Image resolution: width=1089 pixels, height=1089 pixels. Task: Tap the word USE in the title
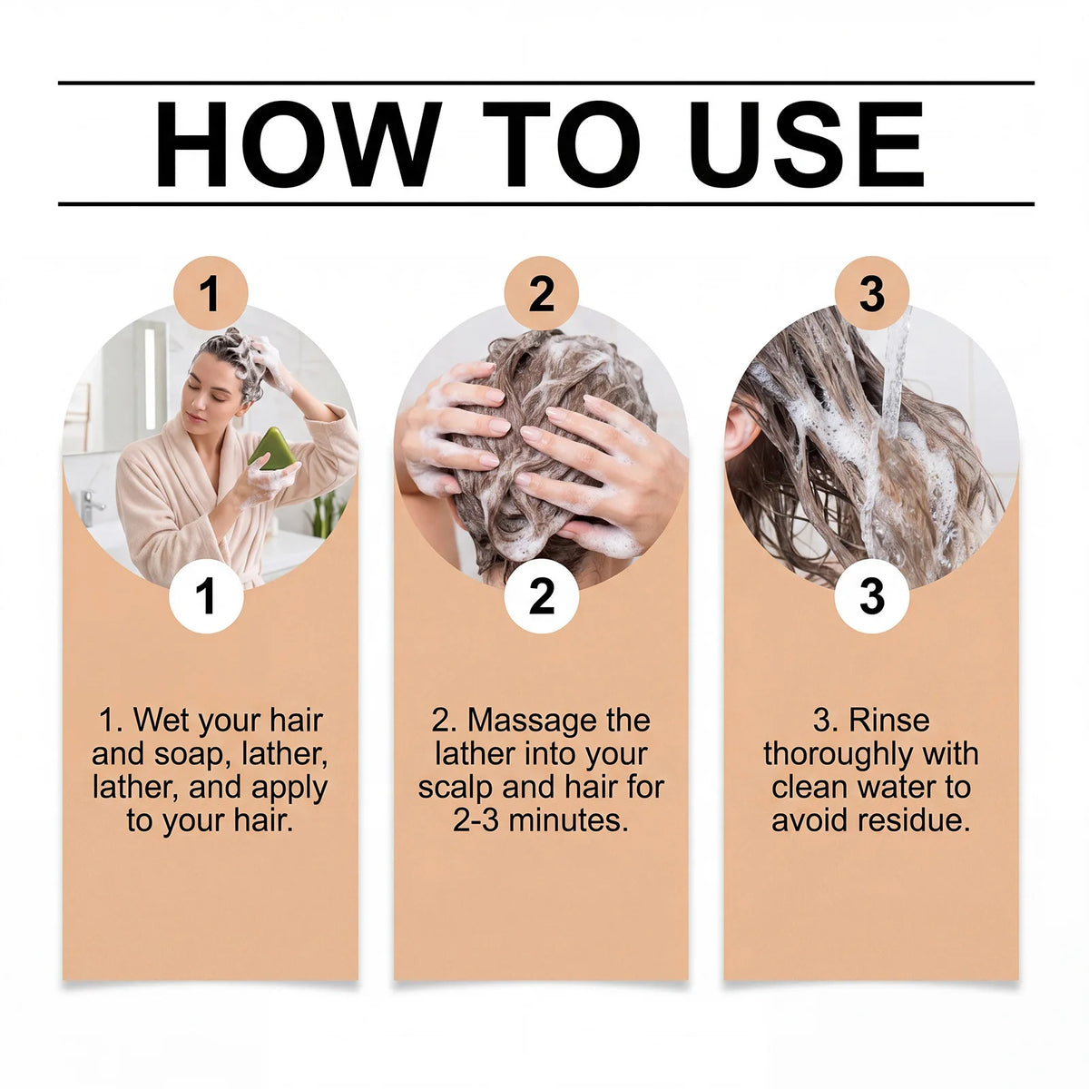coord(807,143)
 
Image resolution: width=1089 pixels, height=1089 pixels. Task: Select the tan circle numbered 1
coord(211,293)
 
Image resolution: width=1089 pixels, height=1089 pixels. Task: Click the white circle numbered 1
coord(206,595)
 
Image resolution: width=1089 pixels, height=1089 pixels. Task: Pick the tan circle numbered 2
coord(542,293)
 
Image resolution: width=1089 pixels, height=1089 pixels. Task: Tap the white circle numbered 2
coord(542,595)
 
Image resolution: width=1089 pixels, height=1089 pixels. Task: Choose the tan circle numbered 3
coord(872,293)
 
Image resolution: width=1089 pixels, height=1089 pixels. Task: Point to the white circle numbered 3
coord(872,595)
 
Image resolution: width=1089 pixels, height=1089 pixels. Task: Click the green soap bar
coord(272,450)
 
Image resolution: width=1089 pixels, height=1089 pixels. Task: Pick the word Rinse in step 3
coord(889,721)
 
